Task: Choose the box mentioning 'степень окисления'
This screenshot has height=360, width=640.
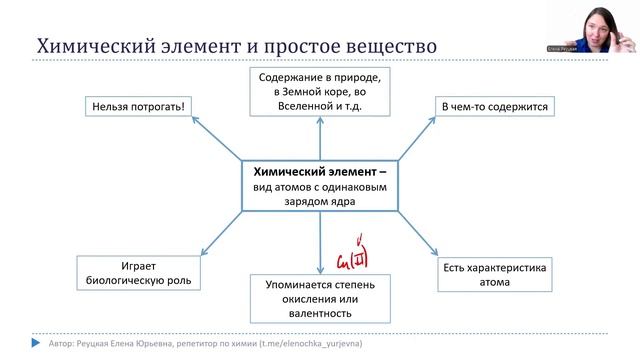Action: pyautogui.click(x=319, y=296)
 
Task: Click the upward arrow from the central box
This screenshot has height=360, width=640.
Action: pyautogui.click(x=319, y=140)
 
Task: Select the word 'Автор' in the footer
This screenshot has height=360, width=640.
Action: pyautogui.click(x=60, y=345)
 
